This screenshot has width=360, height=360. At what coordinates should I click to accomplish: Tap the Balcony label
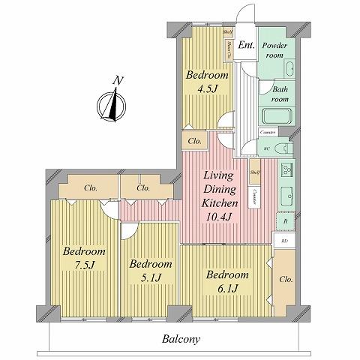[x=181, y=339]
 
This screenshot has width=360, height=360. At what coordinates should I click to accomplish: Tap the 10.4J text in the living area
[x=221, y=217]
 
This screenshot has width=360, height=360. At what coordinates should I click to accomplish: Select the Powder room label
[x=279, y=50]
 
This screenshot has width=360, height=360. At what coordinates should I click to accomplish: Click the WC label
[x=266, y=148]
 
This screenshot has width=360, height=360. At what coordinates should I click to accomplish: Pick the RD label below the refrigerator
[x=283, y=241]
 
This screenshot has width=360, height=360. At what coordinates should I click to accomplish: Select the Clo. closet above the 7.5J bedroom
[x=89, y=187]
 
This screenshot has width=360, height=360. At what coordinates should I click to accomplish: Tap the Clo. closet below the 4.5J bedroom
[x=193, y=141]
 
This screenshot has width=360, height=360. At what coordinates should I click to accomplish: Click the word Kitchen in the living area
[x=220, y=203]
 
